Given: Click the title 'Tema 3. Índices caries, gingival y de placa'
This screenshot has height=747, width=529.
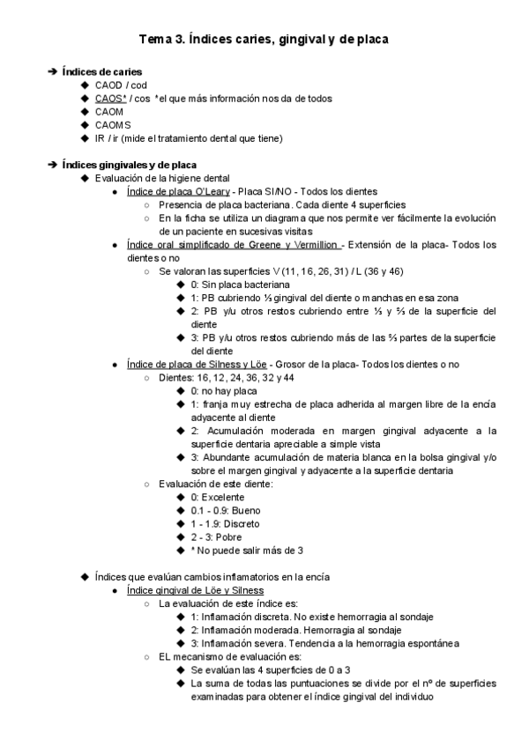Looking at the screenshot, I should point(264,40).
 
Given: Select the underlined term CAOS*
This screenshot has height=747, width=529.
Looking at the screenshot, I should point(111,98).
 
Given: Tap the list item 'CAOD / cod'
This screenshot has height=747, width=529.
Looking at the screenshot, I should point(121,85).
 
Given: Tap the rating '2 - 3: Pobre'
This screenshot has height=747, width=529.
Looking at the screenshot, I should point(216,536).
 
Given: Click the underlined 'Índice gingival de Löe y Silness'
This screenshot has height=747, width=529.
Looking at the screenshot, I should point(195,589).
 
